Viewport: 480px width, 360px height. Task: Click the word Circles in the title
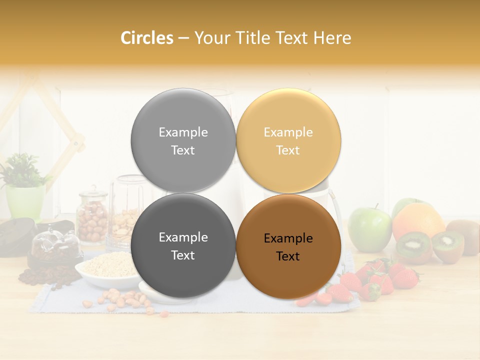(x=147, y=38)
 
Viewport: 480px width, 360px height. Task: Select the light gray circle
(x=183, y=140)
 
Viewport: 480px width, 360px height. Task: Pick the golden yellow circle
(x=288, y=140)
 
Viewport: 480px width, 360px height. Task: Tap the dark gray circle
(x=183, y=246)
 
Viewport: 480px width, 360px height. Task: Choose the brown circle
(x=288, y=246)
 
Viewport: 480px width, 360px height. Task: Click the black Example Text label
(x=288, y=247)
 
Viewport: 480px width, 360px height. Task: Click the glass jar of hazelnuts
(x=92, y=217)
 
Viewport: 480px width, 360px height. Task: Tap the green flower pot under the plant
(x=25, y=202)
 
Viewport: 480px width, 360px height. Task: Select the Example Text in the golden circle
(x=288, y=141)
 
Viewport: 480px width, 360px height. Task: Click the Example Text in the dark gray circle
(x=183, y=246)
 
